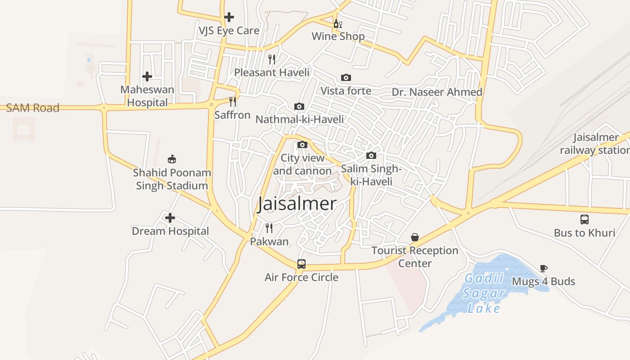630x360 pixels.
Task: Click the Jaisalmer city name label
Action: (297, 204)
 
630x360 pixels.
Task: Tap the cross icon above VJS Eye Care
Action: (229, 17)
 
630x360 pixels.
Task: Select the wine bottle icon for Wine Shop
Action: (337, 23)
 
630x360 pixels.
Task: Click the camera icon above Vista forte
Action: (346, 78)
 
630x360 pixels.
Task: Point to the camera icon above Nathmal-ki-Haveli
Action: (299, 107)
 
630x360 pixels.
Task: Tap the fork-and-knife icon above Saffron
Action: (232, 102)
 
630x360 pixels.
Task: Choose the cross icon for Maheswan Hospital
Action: (147, 76)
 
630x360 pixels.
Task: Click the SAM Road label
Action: (32, 108)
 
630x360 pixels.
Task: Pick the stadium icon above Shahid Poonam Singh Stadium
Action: (171, 159)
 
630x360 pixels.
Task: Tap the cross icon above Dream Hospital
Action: (170, 218)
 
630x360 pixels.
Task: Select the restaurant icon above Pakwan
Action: (269, 228)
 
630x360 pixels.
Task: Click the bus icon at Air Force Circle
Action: (301, 264)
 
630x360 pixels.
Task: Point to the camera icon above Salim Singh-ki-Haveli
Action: (371, 156)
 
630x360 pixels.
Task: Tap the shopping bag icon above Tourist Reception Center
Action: (415, 237)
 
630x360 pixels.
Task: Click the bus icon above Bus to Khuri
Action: (584, 220)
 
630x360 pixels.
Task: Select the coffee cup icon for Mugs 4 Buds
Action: (544, 269)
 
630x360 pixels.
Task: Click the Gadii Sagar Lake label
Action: (484, 293)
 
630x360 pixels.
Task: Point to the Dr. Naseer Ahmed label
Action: (437, 92)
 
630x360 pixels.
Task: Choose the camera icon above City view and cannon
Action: (302, 145)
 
